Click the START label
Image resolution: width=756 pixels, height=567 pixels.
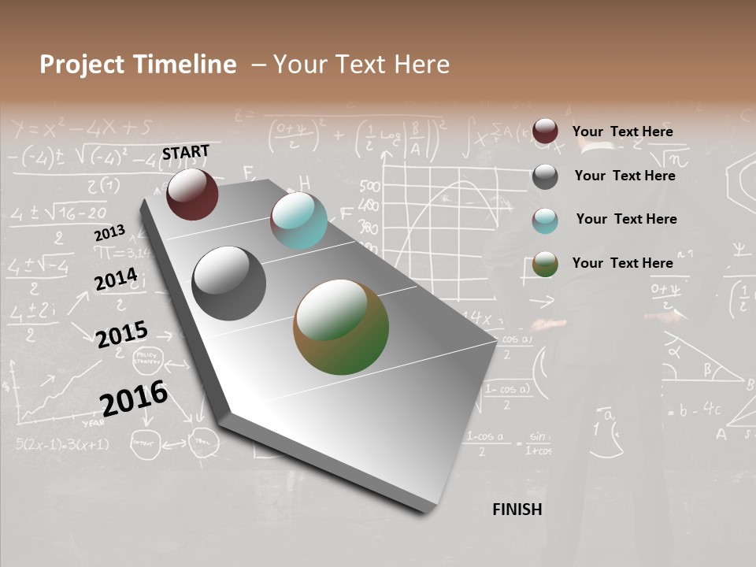[186, 152]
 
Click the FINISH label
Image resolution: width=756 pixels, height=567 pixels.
[517, 510]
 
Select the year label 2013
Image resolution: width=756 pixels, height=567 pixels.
[109, 233]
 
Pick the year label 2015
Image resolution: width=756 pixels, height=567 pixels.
[121, 335]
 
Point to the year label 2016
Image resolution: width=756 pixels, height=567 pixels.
[134, 398]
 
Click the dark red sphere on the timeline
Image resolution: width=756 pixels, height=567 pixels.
[192, 194]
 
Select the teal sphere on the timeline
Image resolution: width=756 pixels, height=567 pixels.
[298, 220]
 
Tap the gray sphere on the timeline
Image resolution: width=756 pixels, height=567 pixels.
[229, 283]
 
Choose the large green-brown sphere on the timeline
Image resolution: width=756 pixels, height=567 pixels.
[341, 327]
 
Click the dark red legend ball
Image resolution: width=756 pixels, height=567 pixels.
[545, 132]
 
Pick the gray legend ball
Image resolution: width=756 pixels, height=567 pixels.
[545, 176]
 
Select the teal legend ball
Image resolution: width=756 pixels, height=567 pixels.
[545, 220]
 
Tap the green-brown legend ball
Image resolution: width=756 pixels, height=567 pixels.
[545, 264]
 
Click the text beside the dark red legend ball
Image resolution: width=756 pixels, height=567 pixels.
[622, 132]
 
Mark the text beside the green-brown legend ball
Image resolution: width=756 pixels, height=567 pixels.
[622, 263]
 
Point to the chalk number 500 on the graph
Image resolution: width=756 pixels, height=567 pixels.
[369, 187]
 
